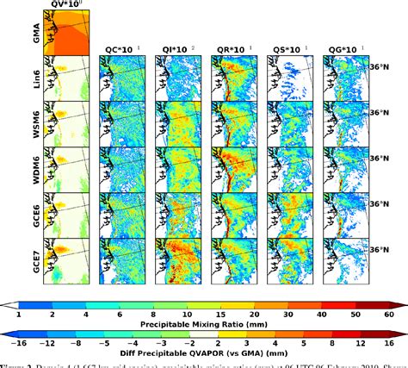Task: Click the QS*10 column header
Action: click(x=290, y=49)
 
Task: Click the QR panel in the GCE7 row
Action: click(x=234, y=261)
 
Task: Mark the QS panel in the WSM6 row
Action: click(x=290, y=124)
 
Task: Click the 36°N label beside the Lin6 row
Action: click(x=385, y=65)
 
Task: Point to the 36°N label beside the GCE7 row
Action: click(x=385, y=250)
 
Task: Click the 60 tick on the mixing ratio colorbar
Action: click(x=390, y=317)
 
